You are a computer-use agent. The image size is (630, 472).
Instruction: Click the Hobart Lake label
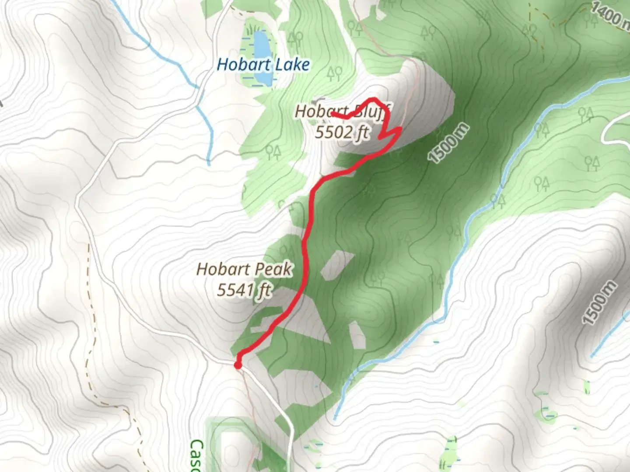263,65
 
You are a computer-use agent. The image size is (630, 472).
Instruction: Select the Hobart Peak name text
244,269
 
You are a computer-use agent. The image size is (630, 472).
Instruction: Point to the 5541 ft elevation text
244,290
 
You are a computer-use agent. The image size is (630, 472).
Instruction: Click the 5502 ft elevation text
342,132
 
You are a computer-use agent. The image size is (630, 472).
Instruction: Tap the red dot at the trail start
238,364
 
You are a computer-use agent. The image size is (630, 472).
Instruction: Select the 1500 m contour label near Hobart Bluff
449,144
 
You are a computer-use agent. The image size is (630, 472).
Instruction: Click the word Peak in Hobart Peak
274,269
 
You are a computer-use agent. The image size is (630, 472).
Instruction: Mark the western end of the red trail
333,114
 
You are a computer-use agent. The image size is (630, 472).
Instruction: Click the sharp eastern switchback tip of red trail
400,128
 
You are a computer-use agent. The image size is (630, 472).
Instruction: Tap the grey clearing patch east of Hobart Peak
337,264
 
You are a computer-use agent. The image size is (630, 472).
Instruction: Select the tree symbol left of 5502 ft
274,151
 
